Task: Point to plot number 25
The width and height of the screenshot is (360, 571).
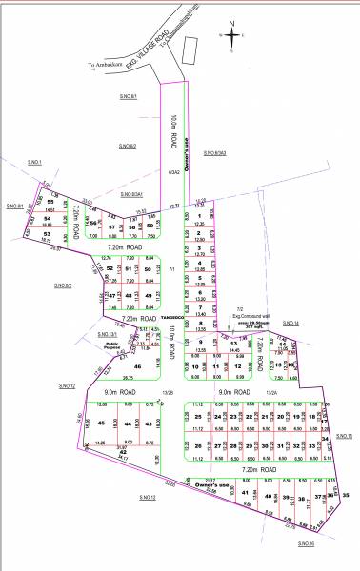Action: click(x=197, y=417)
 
